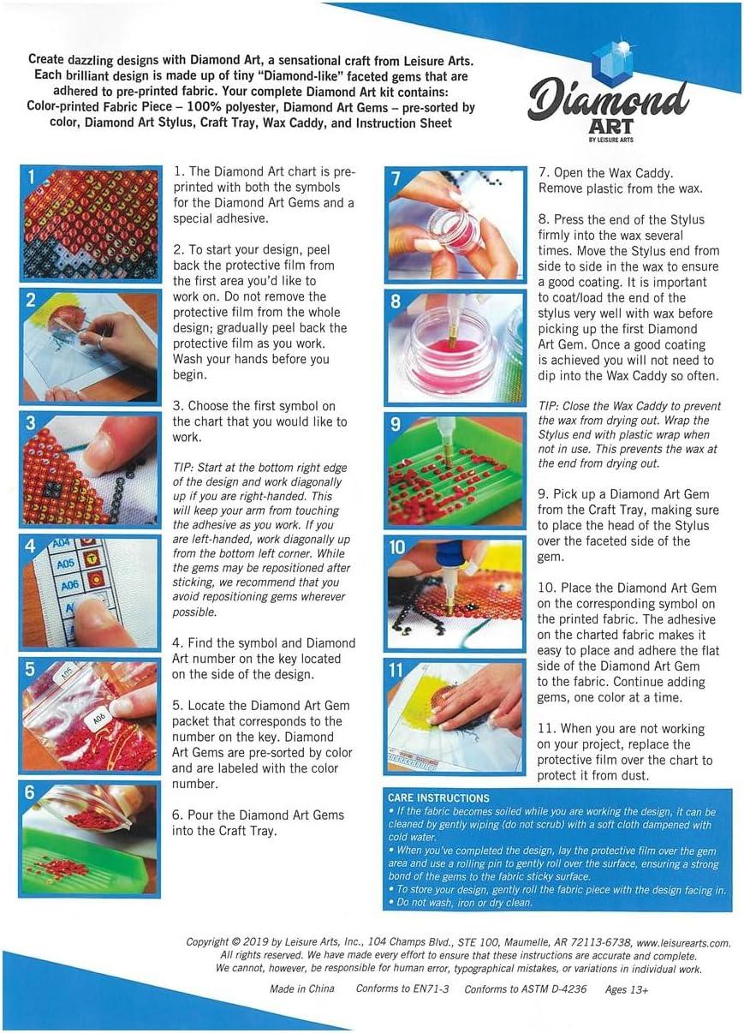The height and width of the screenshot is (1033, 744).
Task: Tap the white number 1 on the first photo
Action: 31,176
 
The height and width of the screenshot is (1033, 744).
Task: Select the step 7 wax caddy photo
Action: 455,224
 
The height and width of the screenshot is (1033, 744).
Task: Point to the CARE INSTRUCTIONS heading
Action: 438,797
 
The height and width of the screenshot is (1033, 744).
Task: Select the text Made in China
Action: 302,988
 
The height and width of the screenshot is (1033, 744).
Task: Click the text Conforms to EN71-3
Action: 402,988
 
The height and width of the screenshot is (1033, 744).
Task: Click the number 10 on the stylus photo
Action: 397,547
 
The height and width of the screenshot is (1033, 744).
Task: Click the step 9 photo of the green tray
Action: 455,470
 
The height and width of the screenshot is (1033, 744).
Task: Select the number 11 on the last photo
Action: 396,670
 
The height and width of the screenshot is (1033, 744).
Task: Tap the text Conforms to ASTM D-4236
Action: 526,989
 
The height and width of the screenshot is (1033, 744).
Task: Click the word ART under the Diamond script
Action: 611,126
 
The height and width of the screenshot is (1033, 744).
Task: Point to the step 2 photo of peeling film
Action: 89,347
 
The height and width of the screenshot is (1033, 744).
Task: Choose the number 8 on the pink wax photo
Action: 396,302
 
